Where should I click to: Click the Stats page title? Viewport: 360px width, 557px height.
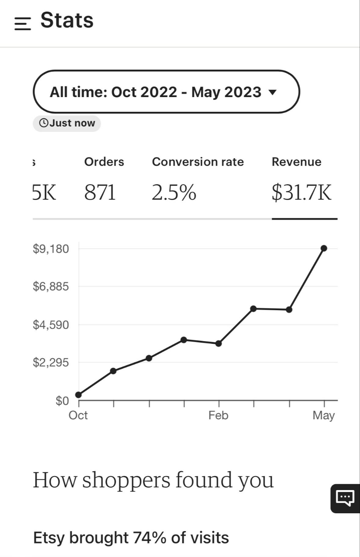tap(67, 20)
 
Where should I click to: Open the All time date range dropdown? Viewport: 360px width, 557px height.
tap(166, 92)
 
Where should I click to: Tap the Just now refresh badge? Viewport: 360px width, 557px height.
tap(67, 123)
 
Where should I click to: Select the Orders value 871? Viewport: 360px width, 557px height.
tap(100, 192)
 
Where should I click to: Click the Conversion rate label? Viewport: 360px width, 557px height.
tap(198, 162)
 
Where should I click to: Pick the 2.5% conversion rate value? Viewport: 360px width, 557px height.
tap(174, 192)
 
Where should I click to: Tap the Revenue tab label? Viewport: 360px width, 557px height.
tap(297, 162)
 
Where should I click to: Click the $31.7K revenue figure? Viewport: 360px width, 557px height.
tap(302, 192)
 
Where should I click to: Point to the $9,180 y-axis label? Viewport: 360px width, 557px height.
tap(51, 249)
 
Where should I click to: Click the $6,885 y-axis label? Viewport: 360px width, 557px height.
tap(51, 287)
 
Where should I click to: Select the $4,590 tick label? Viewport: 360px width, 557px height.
tap(51, 325)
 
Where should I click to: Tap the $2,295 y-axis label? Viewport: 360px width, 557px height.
tap(51, 362)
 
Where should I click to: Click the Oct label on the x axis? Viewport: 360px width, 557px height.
tap(78, 415)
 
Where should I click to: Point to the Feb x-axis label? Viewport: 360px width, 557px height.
tap(218, 415)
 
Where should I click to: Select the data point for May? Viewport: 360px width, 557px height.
tap(324, 248)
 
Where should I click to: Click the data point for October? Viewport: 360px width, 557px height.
tap(79, 395)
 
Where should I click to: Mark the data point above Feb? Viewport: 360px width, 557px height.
tap(219, 343)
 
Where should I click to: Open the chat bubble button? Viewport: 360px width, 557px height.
tap(345, 497)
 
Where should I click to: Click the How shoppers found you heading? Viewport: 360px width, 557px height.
tap(153, 480)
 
